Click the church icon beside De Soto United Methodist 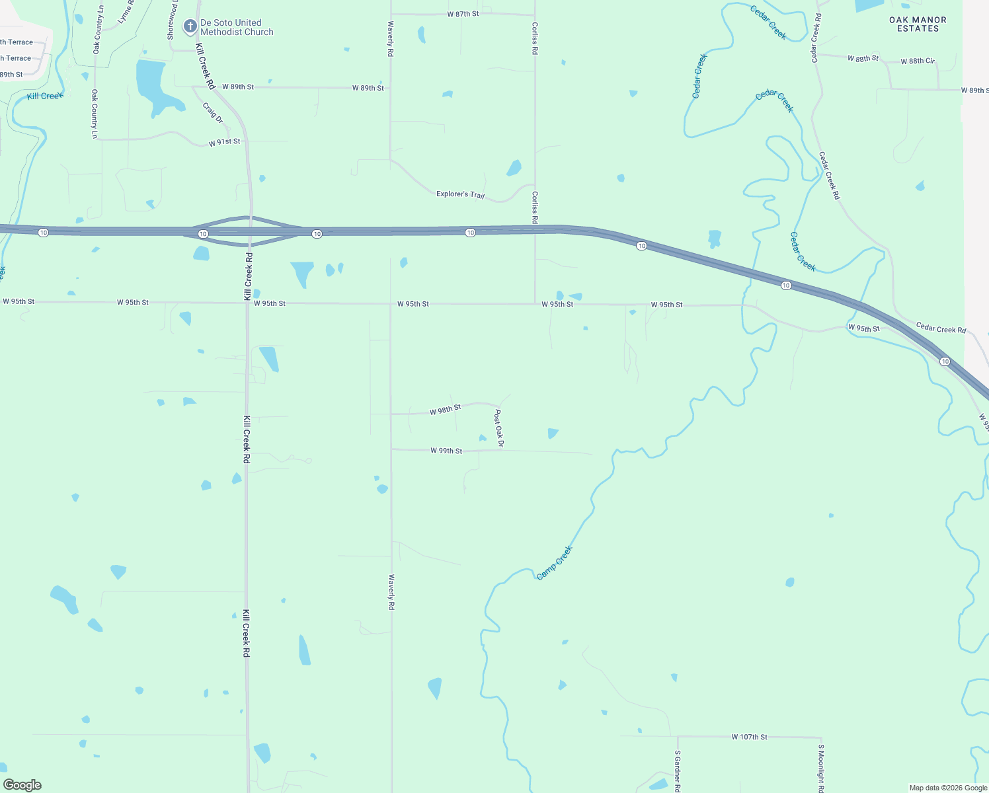click(190, 26)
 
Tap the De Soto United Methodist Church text click(237, 27)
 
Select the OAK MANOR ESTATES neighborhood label click(918, 24)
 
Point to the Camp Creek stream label click(555, 563)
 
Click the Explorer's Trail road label click(460, 194)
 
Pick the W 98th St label click(445, 410)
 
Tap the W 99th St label click(446, 451)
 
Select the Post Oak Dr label click(499, 428)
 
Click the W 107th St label click(749, 737)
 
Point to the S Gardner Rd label click(678, 770)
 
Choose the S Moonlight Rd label click(821, 768)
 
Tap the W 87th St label click(463, 14)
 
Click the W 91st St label click(224, 142)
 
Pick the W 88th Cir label click(918, 61)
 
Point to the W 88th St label click(863, 58)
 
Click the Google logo click(22, 785)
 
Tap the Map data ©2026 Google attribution click(948, 788)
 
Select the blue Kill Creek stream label click(45, 96)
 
